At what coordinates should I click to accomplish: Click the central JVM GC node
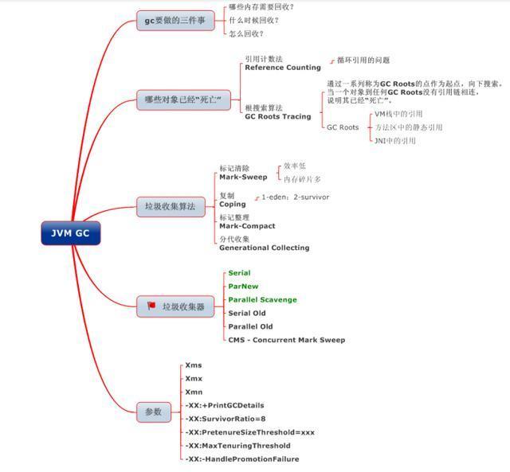tap(71, 233)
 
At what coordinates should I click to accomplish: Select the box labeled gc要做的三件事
tap(175, 21)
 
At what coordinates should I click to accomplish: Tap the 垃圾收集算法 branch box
tap(170, 206)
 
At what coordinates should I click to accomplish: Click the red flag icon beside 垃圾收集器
tap(151, 306)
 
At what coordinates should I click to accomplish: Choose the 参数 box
tap(153, 412)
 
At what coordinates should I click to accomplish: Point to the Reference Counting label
tap(283, 68)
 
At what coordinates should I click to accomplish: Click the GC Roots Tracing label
tap(277, 116)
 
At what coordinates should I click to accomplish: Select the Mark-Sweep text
tap(243, 177)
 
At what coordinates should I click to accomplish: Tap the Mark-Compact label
tap(247, 226)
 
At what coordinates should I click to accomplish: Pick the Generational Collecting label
tap(264, 248)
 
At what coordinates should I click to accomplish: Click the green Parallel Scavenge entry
tap(262, 300)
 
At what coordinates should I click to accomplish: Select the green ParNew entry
tap(243, 287)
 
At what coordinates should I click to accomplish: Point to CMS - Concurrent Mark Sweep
tap(286, 340)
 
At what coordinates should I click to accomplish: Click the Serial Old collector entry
tap(247, 313)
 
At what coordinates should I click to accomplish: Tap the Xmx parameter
tap(194, 379)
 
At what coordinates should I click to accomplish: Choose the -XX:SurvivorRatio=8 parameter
tap(226, 419)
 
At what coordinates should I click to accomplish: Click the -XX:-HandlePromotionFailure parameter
tap(242, 459)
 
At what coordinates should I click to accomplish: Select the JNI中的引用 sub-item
tap(395, 141)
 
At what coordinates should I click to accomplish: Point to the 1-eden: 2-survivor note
tap(296, 197)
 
